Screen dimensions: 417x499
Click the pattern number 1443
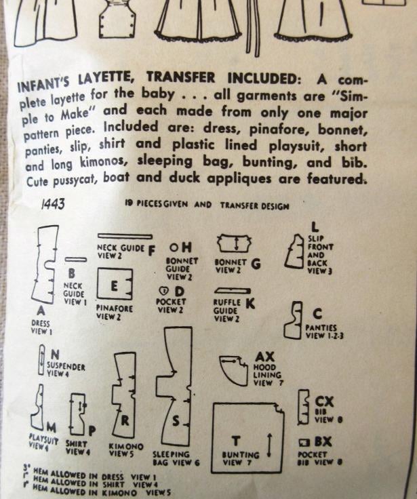pos(53,203)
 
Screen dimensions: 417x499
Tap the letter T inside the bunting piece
pos(235,441)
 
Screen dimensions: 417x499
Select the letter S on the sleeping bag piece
pos(176,421)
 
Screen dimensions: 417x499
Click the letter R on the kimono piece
pos(125,420)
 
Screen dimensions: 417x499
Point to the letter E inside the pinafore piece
pos(114,286)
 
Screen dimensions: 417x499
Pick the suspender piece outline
pos(39,359)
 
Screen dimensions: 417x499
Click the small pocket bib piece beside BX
pos(304,442)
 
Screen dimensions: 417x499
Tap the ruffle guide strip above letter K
pos(233,291)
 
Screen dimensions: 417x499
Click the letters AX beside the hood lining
pos(264,357)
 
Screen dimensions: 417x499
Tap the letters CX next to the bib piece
pos(324,401)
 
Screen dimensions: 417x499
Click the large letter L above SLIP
pos(315,227)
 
